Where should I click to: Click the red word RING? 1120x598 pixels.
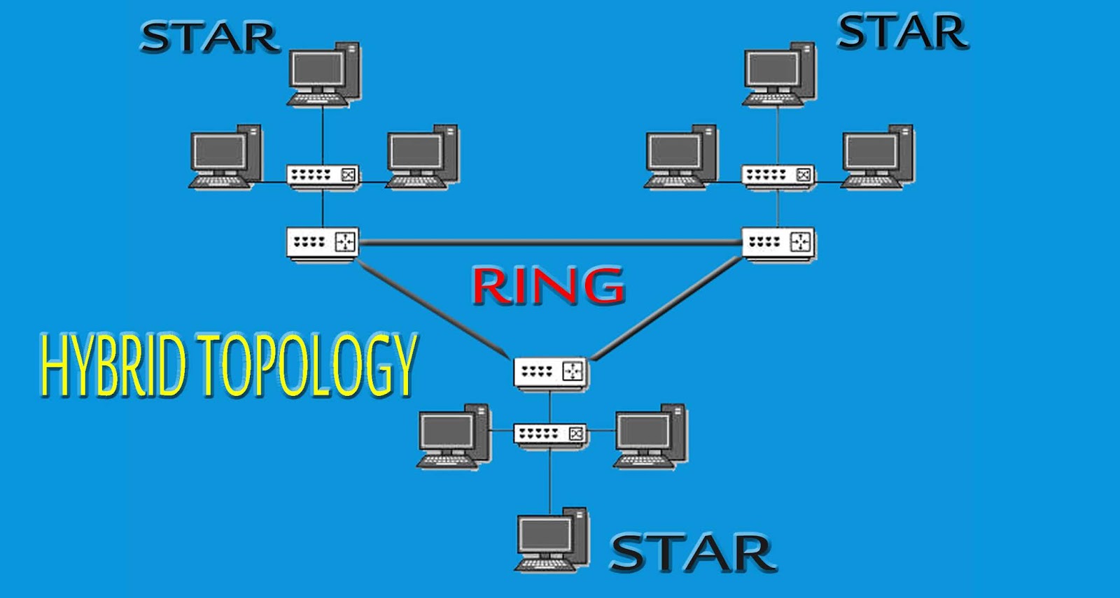pyautogui.click(x=548, y=285)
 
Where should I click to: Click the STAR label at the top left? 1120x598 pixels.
pyautogui.click(x=209, y=38)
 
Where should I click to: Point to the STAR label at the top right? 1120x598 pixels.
pyautogui.click(x=902, y=32)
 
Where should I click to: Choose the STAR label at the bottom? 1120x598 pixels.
pyautogui.click(x=693, y=553)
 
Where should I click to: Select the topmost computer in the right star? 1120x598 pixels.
pyautogui.click(x=779, y=74)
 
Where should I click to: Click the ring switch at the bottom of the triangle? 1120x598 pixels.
pyautogui.click(x=551, y=372)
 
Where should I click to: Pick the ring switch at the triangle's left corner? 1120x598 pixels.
pyautogui.click(x=323, y=243)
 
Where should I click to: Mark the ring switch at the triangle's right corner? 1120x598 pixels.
pyautogui.click(x=778, y=243)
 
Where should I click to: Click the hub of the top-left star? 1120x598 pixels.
pyautogui.click(x=323, y=175)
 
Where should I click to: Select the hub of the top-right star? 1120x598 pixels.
pyautogui.click(x=778, y=175)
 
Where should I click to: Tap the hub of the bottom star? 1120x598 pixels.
pyautogui.click(x=550, y=434)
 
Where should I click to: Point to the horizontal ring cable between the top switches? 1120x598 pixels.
pyautogui.click(x=550, y=243)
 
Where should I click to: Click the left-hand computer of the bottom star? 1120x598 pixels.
pyautogui.click(x=454, y=437)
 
